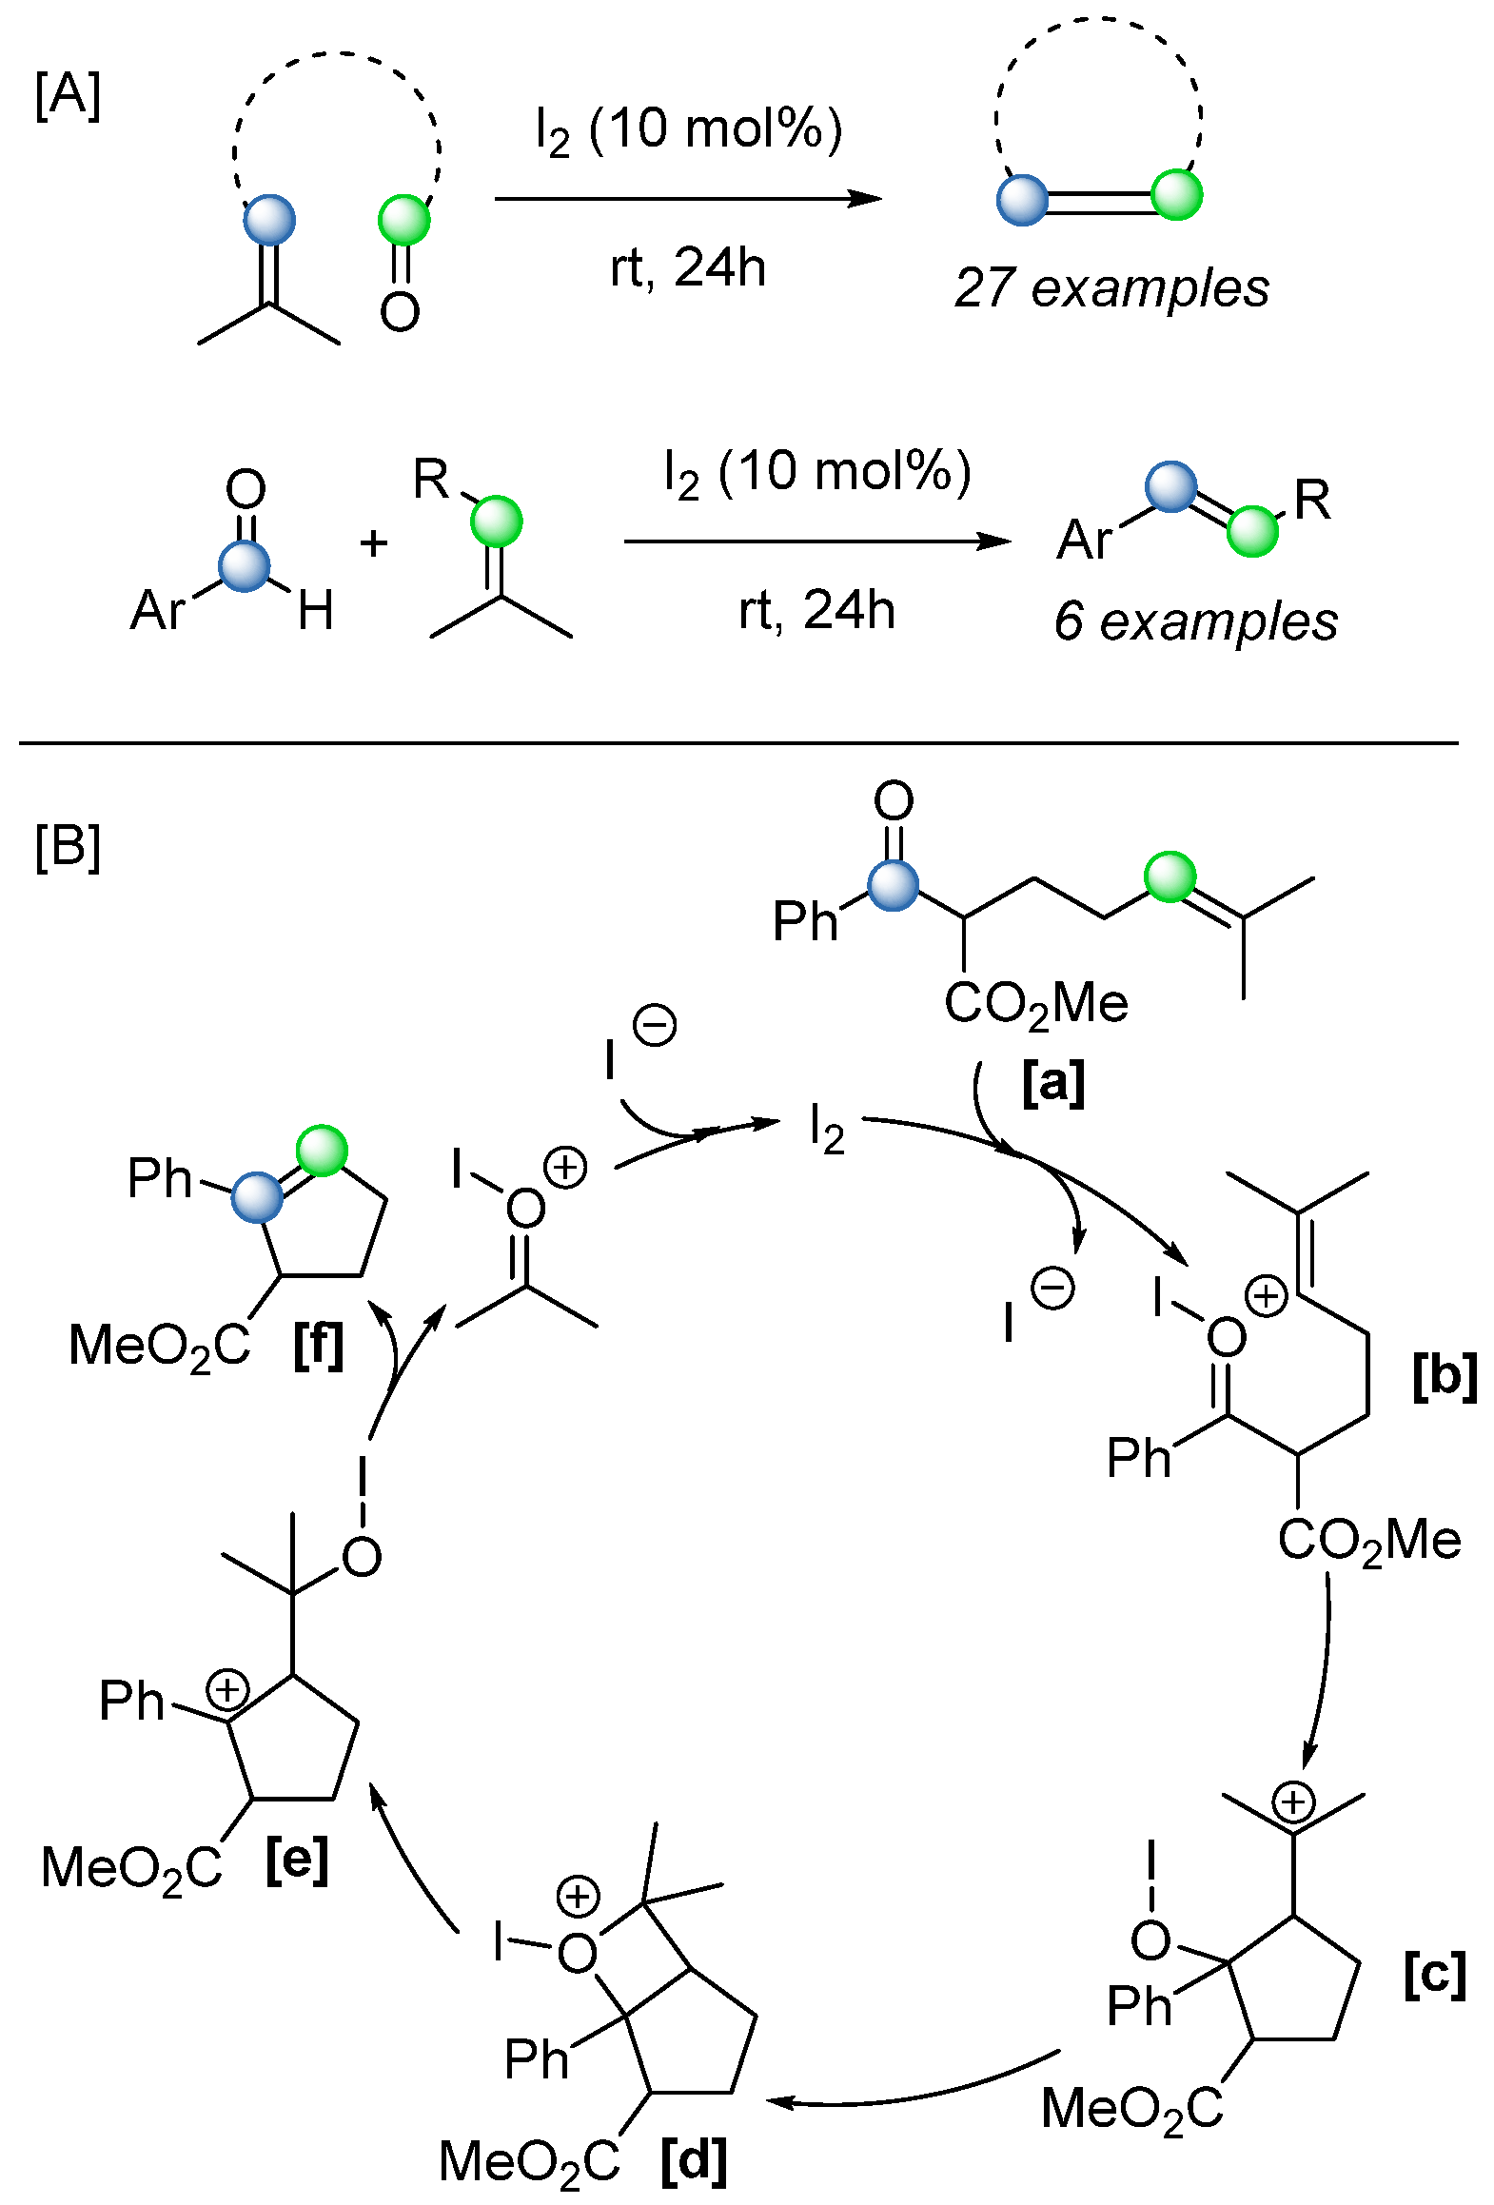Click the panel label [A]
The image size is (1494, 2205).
coord(68,96)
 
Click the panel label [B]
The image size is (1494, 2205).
coord(68,846)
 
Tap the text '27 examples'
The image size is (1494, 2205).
coord(1111,287)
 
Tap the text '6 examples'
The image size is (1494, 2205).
coord(1195,621)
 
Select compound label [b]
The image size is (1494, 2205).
coord(1444,1377)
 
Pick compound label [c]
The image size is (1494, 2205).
coord(1434,1976)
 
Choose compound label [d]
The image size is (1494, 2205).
coord(694,2159)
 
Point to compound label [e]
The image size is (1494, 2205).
coord(297,1860)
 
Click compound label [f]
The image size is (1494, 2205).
coord(318,1345)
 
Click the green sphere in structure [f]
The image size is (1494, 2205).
coord(322,1151)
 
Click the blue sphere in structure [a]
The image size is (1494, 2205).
coord(893,886)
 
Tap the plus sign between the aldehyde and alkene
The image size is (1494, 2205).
coord(374,543)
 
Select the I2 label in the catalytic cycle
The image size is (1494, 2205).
coord(826,1130)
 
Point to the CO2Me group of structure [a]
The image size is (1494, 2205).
coord(1035,1004)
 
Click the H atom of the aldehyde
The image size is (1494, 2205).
coord(315,610)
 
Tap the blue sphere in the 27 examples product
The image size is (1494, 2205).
coord(1022,200)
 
